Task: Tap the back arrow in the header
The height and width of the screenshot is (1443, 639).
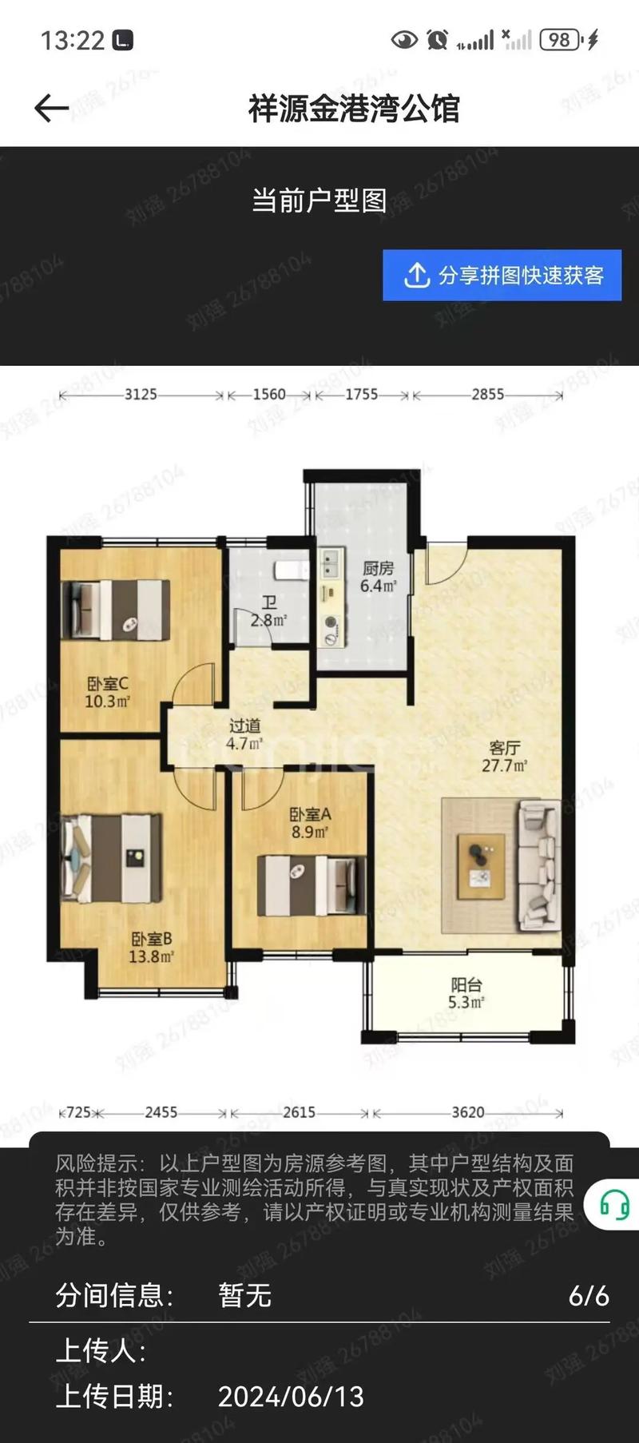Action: (x=51, y=108)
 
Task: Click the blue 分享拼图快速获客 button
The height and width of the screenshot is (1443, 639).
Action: (x=502, y=275)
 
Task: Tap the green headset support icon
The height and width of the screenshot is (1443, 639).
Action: (x=614, y=1204)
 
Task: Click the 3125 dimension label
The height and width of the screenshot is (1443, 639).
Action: (x=141, y=394)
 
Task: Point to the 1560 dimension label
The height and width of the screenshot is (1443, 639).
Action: (x=269, y=394)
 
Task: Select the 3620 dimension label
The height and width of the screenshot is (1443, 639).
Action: (x=468, y=1112)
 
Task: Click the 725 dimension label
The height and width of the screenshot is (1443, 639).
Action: (x=78, y=1112)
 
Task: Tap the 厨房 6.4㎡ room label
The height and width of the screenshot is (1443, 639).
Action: (x=378, y=576)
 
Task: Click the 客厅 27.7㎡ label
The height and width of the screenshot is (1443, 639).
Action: (x=504, y=756)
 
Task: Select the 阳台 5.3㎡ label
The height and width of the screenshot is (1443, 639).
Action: (x=466, y=993)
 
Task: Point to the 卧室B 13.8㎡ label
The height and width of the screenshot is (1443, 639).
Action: (x=151, y=947)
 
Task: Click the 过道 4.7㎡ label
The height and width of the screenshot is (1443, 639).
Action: (x=244, y=734)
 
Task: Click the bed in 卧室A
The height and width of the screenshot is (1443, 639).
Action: (x=312, y=885)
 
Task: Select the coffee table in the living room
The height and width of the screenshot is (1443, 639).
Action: (x=481, y=865)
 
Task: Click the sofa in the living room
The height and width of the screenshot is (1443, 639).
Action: (x=539, y=865)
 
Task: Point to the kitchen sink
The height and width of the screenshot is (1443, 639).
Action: (x=331, y=564)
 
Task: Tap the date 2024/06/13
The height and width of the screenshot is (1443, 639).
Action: (x=291, y=1396)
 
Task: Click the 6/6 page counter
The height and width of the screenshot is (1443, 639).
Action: (x=589, y=1295)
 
